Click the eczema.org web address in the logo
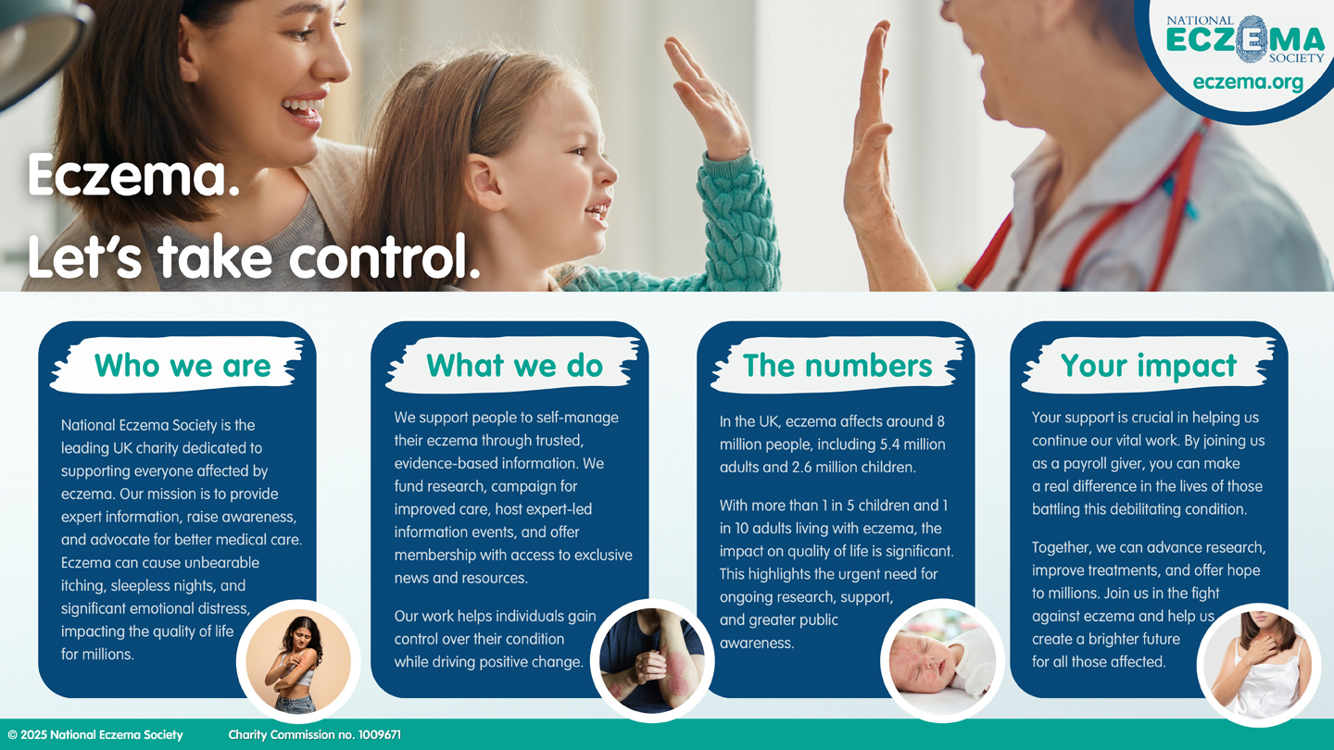(x=1248, y=82)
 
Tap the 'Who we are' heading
(x=182, y=365)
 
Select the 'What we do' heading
(x=514, y=365)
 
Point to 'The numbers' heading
(x=837, y=365)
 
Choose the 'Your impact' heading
(x=1148, y=366)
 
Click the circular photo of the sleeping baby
(x=941, y=661)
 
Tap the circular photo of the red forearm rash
(x=652, y=661)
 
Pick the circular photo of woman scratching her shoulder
(x=298, y=661)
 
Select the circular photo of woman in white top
(x=1258, y=664)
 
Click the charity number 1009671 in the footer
(x=380, y=735)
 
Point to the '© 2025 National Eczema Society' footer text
(x=95, y=735)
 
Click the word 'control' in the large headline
(x=384, y=256)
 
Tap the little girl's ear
(x=485, y=181)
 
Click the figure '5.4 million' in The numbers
(x=912, y=444)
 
